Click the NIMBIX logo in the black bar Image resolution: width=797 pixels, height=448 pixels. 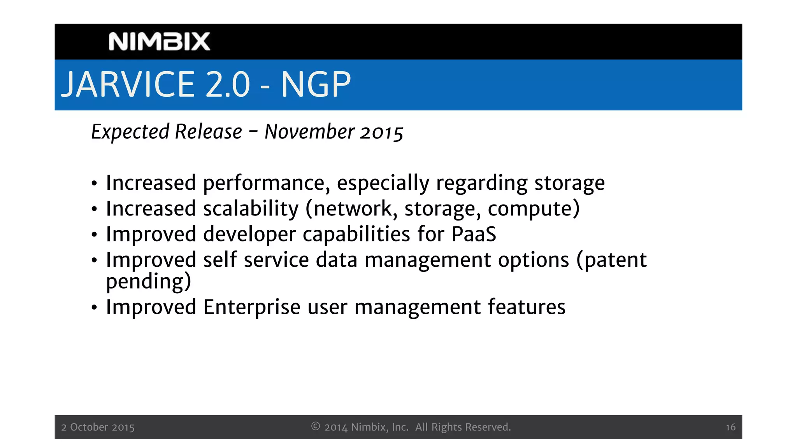coord(159,42)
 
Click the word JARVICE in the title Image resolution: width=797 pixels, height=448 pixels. coord(128,84)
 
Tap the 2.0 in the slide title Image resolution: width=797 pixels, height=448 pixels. coord(227,84)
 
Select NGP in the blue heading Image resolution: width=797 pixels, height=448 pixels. coord(316,84)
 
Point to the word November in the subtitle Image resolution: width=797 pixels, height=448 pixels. coord(309,132)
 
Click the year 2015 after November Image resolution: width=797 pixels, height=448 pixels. coord(381,133)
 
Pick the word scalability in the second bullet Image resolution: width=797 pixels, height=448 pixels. coord(251,209)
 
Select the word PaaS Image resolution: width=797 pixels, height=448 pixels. coord(474,234)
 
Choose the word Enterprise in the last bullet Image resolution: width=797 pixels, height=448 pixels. coord(252,308)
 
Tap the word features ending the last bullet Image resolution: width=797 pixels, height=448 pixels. coord(526,307)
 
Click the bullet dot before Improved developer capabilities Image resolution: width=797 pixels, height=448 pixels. coord(94,235)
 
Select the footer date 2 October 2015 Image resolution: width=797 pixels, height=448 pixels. coord(98,427)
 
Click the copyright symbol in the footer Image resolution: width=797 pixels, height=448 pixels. coord(316,427)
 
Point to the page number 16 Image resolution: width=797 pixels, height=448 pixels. coord(730,427)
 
